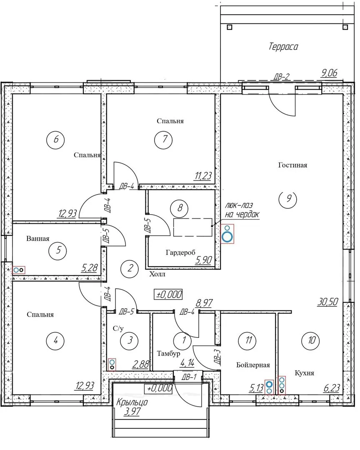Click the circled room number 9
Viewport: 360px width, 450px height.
[x=288, y=199]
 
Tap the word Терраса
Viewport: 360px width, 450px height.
[x=283, y=47]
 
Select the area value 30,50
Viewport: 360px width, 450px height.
[x=327, y=302]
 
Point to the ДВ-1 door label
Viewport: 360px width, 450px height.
[x=189, y=377]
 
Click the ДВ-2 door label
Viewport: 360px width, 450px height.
[x=281, y=77]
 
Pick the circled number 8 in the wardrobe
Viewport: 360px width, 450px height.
[x=180, y=208]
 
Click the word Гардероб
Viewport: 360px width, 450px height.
[x=180, y=252]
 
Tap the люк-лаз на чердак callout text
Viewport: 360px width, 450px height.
[x=242, y=210]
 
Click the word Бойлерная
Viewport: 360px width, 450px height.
[x=253, y=365]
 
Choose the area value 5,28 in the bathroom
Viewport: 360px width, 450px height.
[x=90, y=268]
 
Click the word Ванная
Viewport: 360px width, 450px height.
[x=37, y=238]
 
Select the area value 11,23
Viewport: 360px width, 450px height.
[x=203, y=176]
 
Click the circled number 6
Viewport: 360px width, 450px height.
[x=55, y=140]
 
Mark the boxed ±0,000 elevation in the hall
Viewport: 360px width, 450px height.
[x=168, y=295]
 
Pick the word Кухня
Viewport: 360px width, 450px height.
[x=304, y=373]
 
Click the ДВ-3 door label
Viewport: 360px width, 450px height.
[x=217, y=357]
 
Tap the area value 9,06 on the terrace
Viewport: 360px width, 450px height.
[x=329, y=73]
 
